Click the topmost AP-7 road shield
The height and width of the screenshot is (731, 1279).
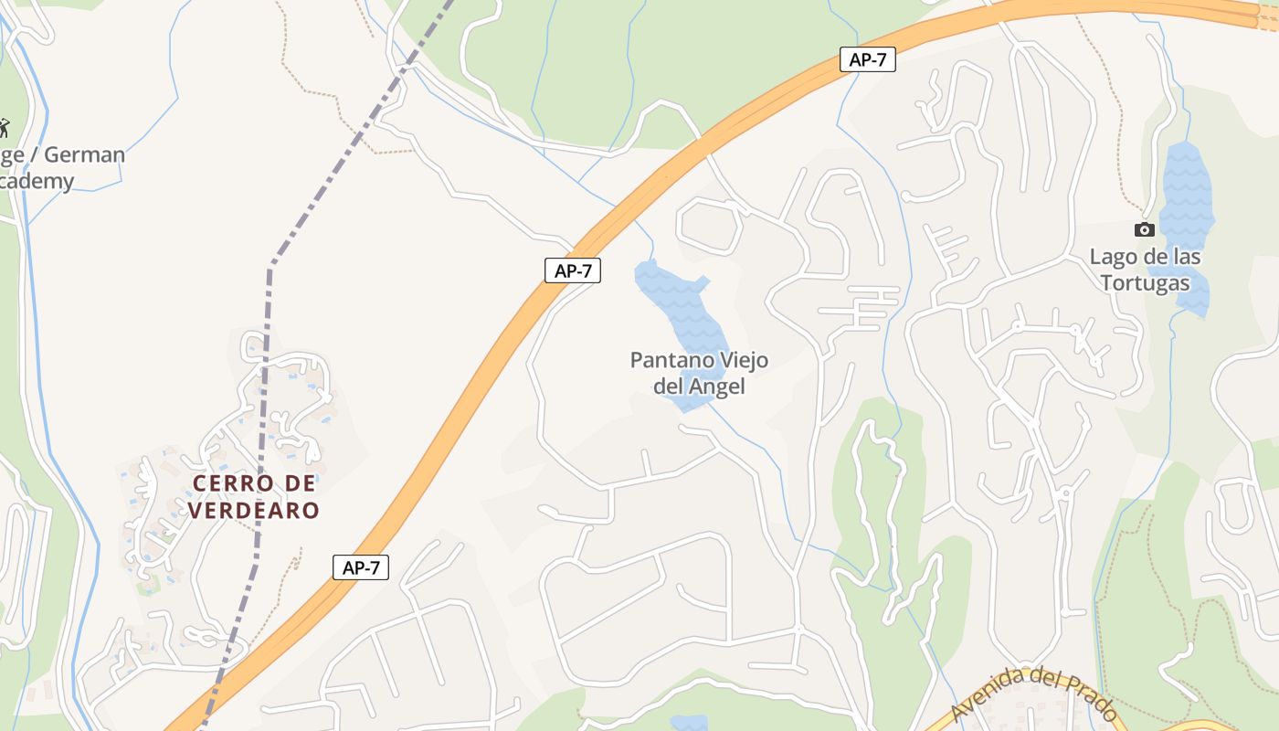tap(867, 60)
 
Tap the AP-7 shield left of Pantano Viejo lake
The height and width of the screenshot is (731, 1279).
tap(572, 270)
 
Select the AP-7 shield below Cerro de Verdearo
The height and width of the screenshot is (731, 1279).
tap(361, 567)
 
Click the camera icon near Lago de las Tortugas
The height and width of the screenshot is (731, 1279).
tap(1144, 229)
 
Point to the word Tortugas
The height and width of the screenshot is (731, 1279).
tap(1145, 283)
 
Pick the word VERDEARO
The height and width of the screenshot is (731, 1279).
tap(255, 510)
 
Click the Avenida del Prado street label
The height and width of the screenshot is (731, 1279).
tap(1032, 697)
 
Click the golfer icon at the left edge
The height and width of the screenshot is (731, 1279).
tap(4, 127)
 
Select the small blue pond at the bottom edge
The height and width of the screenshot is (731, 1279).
tap(688, 723)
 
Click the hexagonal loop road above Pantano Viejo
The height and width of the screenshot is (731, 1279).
tap(710, 227)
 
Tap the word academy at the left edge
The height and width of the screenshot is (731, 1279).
tap(37, 181)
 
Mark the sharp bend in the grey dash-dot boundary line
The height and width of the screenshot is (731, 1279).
tap(270, 266)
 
